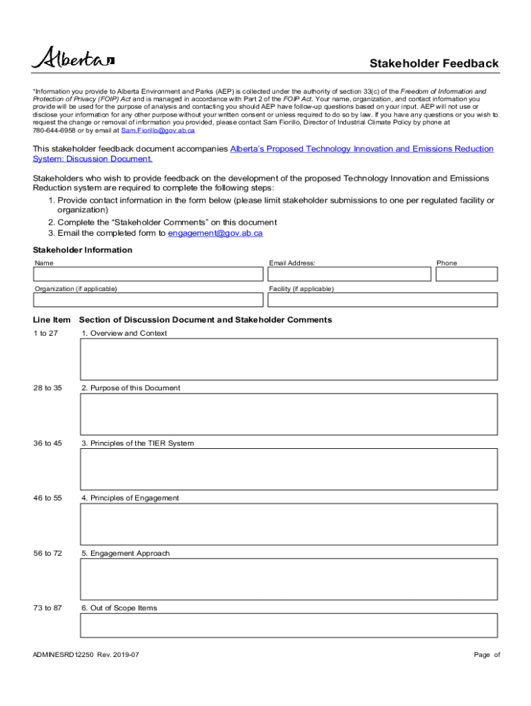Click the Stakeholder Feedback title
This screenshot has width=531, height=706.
tap(434, 63)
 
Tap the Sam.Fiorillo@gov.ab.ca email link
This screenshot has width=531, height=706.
tap(158, 130)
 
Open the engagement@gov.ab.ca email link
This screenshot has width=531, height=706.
tap(215, 233)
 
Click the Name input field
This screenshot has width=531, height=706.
tap(148, 274)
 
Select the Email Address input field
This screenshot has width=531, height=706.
tap(348, 274)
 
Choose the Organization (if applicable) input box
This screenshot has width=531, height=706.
tap(148, 300)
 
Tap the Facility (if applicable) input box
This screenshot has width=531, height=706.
tap(382, 300)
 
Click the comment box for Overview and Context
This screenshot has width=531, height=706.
tap(289, 359)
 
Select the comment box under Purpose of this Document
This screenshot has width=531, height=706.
tap(289, 414)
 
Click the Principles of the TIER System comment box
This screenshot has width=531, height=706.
tap(289, 469)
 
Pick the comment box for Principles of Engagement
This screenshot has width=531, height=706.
tap(289, 524)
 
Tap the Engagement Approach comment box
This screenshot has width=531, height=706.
tap(289, 579)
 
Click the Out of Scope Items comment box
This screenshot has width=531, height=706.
tap(289, 625)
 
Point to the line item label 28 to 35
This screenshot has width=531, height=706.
tap(48, 388)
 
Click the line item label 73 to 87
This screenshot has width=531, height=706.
tap(48, 608)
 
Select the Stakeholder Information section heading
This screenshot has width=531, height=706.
tap(83, 250)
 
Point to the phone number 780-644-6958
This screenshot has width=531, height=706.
tap(57, 130)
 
